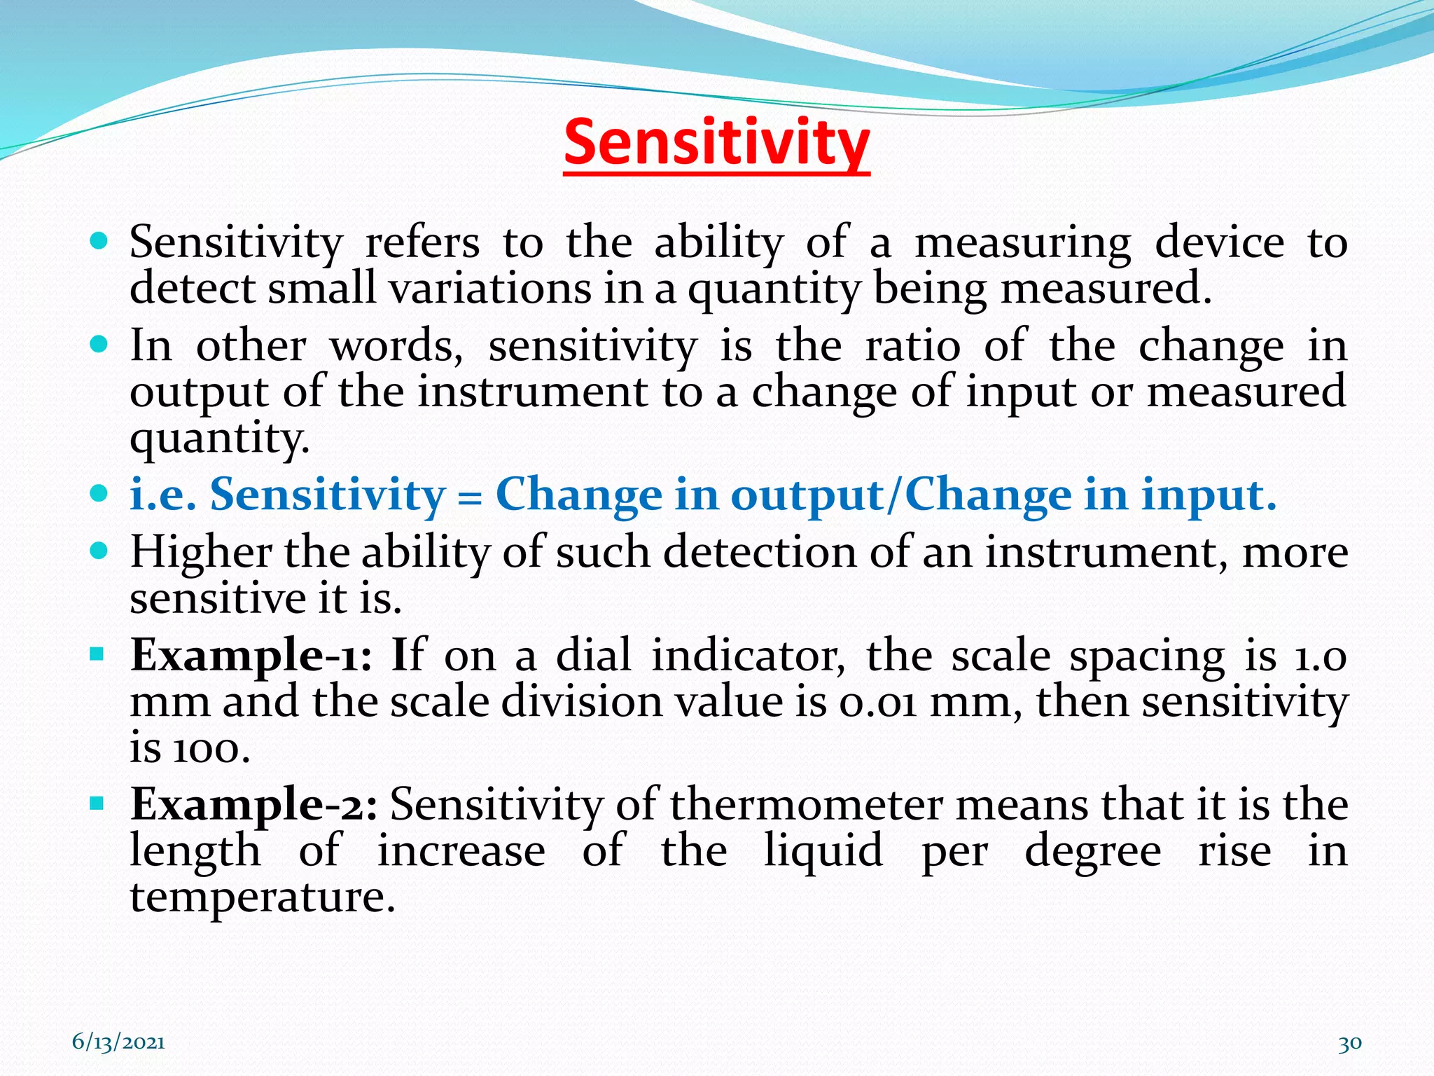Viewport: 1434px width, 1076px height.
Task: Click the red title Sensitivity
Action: tap(716, 144)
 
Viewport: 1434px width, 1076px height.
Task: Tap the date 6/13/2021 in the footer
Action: tap(118, 1042)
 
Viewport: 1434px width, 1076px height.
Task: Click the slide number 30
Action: tap(1349, 1043)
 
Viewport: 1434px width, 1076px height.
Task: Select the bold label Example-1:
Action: tap(251, 656)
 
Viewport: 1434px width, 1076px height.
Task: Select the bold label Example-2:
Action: tap(254, 805)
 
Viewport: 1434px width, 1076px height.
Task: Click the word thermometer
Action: tap(806, 805)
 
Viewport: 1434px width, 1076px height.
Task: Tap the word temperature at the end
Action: tap(263, 897)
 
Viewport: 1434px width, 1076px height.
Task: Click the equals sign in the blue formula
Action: tap(470, 497)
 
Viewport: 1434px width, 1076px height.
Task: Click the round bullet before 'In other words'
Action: tap(99, 345)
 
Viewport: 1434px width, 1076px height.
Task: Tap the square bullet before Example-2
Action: tap(97, 803)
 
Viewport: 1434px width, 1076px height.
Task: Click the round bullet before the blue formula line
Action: tap(99, 493)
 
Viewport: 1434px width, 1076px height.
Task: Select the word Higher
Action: tap(201, 553)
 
